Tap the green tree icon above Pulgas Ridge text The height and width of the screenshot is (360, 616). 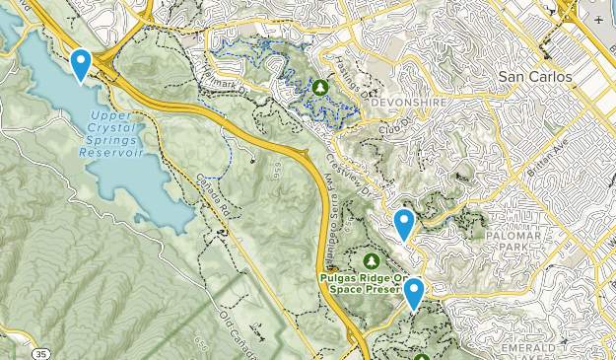coord(372,261)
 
